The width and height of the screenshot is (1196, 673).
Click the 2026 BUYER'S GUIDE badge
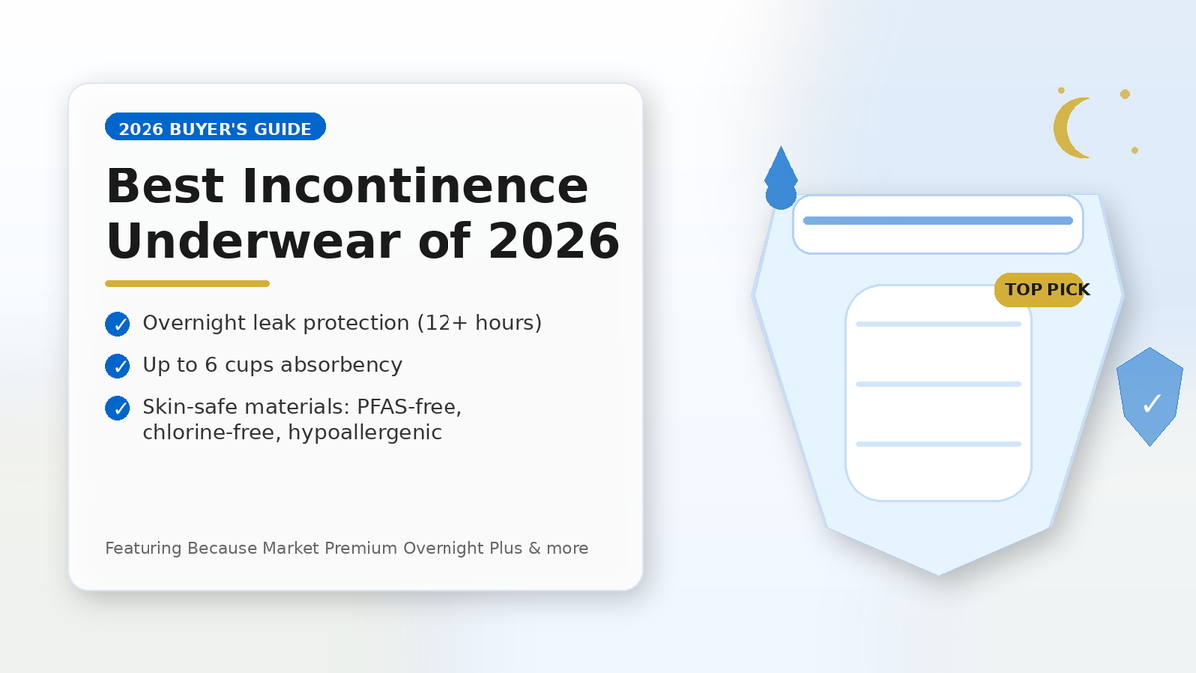(x=215, y=126)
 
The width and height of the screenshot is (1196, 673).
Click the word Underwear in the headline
(x=253, y=241)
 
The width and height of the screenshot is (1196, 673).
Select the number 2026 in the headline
(x=554, y=241)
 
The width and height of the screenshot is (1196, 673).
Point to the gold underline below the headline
(x=187, y=283)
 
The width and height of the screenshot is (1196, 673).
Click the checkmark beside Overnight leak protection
(x=117, y=324)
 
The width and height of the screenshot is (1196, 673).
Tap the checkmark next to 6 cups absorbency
(x=117, y=366)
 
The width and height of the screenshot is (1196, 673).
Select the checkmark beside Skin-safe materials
(x=117, y=408)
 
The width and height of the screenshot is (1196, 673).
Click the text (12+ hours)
(x=479, y=323)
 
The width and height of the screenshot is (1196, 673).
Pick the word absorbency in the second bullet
(x=341, y=365)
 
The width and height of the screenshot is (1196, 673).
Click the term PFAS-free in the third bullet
(x=409, y=407)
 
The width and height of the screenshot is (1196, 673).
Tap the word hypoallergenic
(x=365, y=432)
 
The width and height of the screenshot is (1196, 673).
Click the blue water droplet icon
(x=781, y=178)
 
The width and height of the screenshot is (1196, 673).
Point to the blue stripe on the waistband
(x=938, y=221)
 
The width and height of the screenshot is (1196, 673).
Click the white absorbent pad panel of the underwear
(x=938, y=393)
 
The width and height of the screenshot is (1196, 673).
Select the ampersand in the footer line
(x=535, y=548)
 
